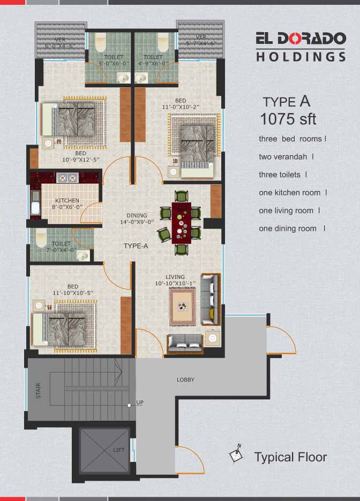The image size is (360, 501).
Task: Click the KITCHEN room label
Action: point(67,200)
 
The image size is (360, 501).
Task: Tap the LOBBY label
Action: point(185,379)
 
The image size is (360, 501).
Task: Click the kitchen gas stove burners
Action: point(67,178)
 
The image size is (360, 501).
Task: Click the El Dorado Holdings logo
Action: point(301,47)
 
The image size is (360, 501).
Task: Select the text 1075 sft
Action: point(288,119)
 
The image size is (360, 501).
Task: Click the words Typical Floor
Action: point(290,457)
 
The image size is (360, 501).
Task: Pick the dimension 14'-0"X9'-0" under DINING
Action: point(137,222)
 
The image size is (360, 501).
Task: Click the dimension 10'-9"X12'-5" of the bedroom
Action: point(81,160)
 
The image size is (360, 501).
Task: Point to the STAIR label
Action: point(39,390)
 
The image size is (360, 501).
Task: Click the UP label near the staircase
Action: point(140,403)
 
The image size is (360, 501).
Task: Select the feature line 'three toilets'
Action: point(280,175)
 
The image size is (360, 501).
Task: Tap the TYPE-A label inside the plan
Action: point(136,246)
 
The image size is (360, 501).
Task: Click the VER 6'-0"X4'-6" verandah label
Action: point(60,43)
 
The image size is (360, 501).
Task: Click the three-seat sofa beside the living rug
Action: point(211,299)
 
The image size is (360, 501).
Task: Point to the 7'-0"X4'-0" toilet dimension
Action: point(61,250)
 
